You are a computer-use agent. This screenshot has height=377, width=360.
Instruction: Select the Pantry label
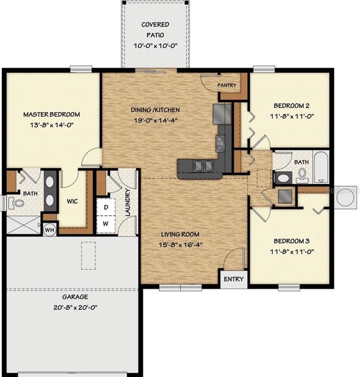(x=226, y=85)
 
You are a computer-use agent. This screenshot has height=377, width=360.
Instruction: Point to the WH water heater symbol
(x=50, y=230)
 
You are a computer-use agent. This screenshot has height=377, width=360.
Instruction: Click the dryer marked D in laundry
(x=106, y=207)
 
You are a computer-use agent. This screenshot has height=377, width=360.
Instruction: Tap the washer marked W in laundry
(x=106, y=223)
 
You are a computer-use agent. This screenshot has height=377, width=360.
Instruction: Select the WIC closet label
(x=72, y=201)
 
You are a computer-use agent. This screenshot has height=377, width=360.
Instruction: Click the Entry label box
(x=234, y=280)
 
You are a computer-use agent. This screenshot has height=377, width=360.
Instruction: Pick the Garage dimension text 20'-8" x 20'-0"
(x=75, y=307)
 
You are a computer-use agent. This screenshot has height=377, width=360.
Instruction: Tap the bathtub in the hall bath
(x=321, y=167)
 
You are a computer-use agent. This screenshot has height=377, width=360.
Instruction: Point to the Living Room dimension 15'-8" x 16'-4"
(x=181, y=244)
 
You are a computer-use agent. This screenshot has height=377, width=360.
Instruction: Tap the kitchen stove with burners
(x=221, y=143)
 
